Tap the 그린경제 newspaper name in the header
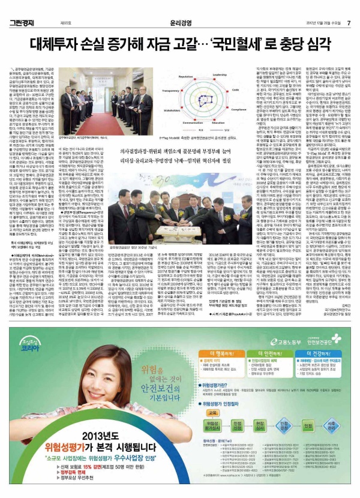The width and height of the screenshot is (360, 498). click(x=22, y=7)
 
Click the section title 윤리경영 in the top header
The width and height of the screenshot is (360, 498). click(x=179, y=7)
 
